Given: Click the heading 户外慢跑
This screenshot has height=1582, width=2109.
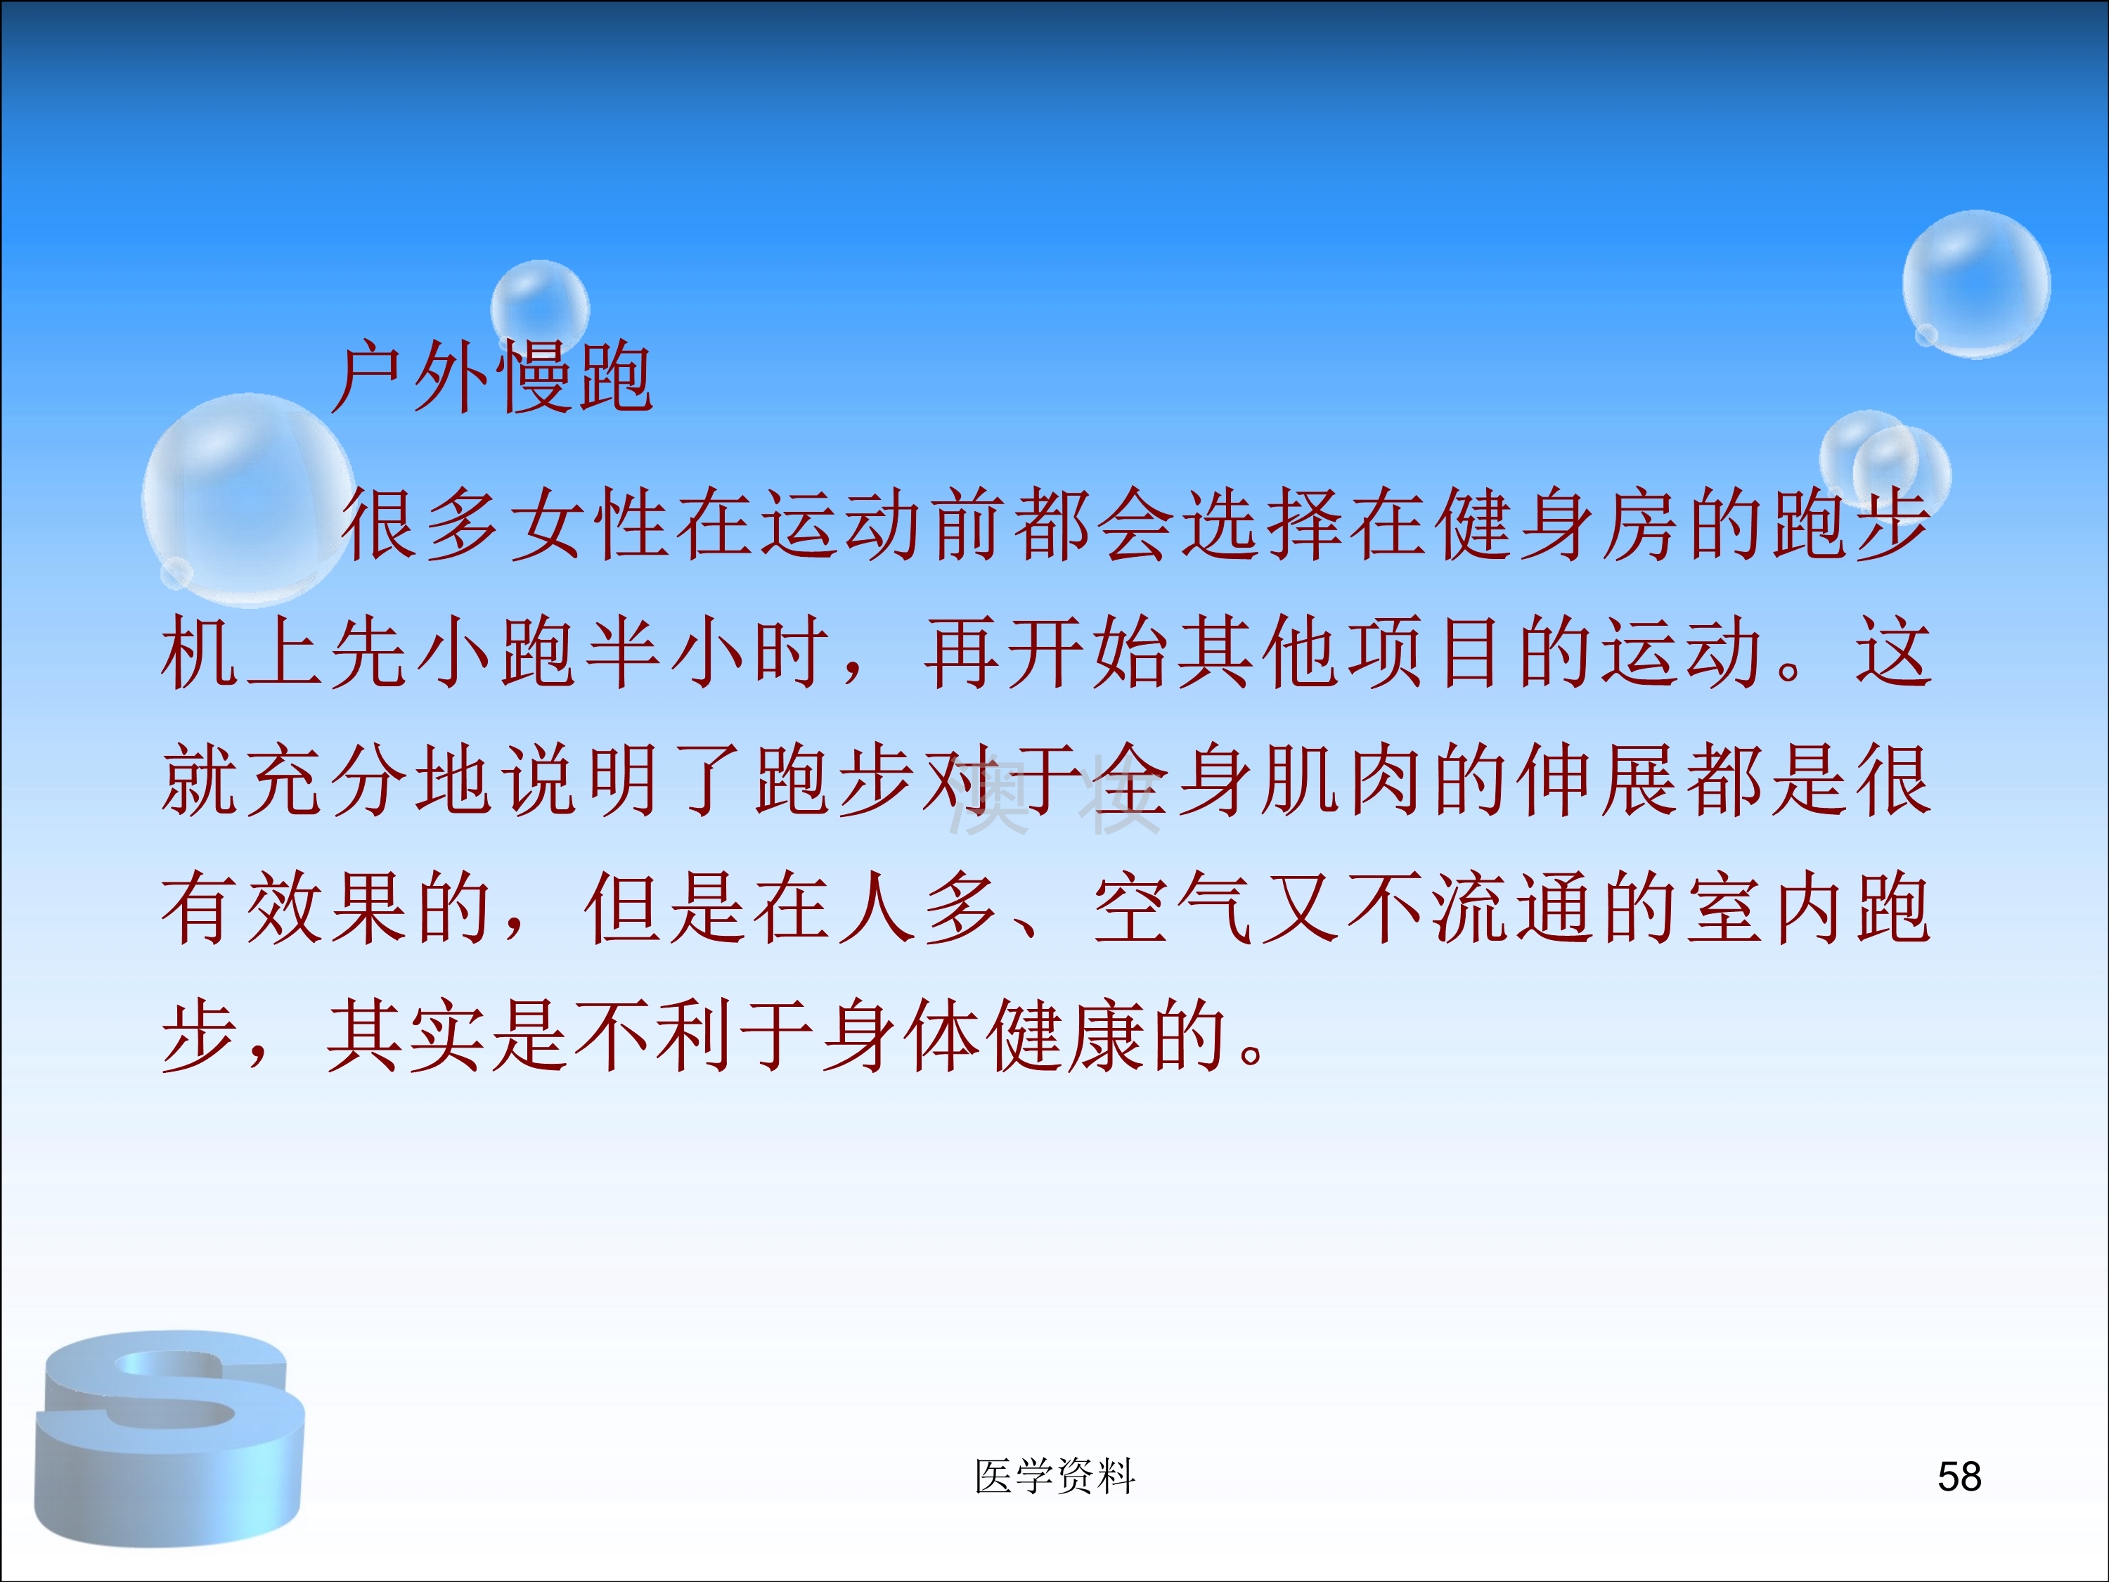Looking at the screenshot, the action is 492,378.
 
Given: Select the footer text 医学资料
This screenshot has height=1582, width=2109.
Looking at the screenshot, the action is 1054,1477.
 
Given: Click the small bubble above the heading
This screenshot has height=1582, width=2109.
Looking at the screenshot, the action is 540,307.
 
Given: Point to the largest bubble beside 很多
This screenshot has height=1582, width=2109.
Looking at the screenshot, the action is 248,500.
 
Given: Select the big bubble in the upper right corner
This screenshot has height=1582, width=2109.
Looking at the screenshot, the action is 1976,284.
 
